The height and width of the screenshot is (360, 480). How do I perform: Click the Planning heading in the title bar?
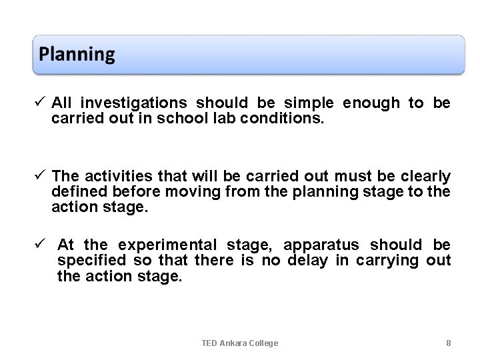click(77, 54)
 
